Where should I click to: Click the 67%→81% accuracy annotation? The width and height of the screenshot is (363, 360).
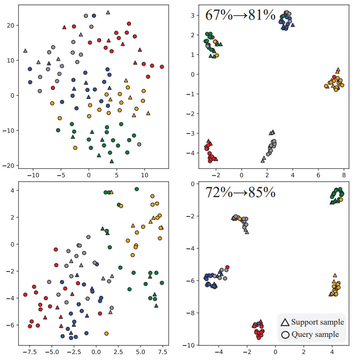240,15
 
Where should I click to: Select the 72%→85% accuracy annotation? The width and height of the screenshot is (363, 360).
240,192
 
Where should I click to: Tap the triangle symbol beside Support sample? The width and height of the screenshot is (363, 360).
285,323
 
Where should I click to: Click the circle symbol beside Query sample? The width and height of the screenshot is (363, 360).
285,335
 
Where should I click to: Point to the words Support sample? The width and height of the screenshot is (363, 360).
318,323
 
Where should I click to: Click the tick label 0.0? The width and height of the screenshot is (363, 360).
96,351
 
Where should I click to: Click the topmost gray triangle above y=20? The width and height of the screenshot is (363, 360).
108,12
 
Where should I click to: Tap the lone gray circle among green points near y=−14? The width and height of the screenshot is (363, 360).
139,144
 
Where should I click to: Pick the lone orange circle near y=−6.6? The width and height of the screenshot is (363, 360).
106,334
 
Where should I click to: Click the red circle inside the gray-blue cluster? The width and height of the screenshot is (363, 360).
227,267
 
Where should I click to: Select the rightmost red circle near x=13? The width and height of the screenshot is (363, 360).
162,67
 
